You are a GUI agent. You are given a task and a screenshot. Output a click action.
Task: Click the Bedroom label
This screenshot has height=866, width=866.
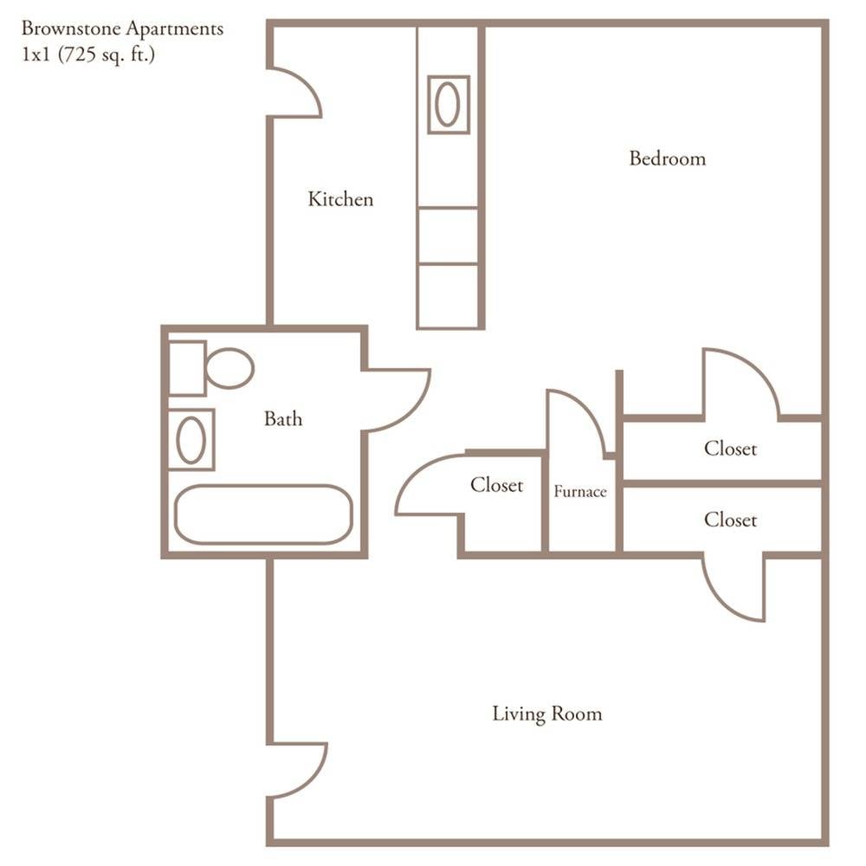point(667,158)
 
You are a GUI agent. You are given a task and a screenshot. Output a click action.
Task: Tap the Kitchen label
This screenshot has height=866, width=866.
point(340,199)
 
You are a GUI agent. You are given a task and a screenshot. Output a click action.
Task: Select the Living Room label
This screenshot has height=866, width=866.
point(546,714)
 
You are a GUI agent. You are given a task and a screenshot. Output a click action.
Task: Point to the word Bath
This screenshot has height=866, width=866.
point(283,419)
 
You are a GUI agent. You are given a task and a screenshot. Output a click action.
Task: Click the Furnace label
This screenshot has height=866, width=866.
point(580,492)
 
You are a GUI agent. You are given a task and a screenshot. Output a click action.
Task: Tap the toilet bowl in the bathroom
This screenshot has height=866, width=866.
point(229,368)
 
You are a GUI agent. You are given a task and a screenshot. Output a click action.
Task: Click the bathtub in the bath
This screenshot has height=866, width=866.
point(263,514)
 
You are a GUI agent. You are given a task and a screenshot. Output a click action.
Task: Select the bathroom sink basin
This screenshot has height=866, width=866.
point(191,440)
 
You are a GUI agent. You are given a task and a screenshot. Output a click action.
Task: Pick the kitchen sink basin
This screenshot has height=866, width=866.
point(448,105)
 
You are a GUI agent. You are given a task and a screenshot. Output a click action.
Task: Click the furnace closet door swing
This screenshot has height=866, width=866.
point(575,424)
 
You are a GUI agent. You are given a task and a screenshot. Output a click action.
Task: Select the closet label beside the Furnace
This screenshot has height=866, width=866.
point(496,485)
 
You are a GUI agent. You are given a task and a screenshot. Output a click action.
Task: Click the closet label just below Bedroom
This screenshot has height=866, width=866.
point(730,449)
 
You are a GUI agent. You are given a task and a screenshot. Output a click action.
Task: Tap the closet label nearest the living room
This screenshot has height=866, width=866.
point(730,520)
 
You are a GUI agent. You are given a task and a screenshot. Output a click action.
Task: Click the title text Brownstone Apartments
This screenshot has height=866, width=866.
point(122,29)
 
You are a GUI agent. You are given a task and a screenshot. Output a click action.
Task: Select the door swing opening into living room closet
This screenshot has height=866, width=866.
point(736,589)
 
